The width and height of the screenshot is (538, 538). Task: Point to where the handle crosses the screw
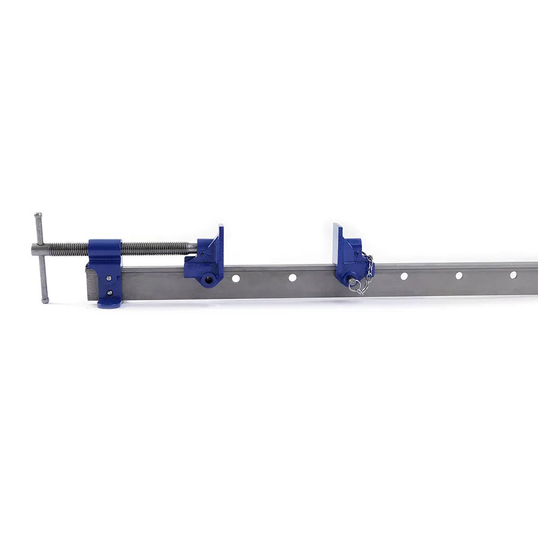coord(40,250)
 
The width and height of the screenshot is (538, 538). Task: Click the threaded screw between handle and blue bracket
coord(67,249)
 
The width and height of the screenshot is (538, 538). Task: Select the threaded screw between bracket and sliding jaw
coord(156,247)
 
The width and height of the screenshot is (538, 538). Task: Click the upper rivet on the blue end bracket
coord(109,278)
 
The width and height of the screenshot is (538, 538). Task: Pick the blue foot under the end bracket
coord(110,305)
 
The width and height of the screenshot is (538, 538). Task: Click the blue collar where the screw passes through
coord(105,250)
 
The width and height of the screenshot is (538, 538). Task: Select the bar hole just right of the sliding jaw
coord(236,278)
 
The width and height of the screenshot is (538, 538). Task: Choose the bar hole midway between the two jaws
coord(292,278)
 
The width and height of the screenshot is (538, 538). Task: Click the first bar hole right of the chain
coord(403,276)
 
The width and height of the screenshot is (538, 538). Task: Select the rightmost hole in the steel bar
coord(513,274)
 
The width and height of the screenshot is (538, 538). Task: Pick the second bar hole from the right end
coord(459,275)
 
